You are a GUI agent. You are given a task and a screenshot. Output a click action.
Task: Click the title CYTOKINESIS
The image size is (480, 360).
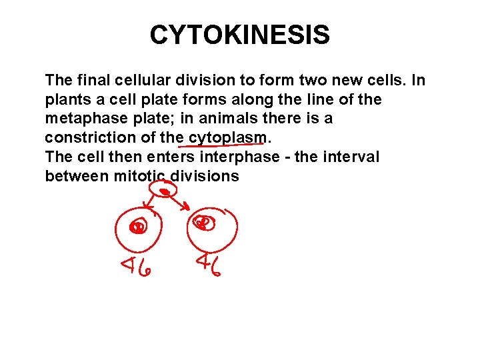tap(239, 35)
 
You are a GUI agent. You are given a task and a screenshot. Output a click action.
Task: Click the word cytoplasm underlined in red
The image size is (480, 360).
tap(227, 138)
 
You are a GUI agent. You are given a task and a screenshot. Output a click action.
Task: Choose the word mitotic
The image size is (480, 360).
tap(140, 176)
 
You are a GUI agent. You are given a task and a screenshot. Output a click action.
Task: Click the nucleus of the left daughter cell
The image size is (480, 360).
tap(138, 227)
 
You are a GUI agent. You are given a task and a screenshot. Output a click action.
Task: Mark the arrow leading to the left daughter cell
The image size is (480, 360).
tap(151, 207)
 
